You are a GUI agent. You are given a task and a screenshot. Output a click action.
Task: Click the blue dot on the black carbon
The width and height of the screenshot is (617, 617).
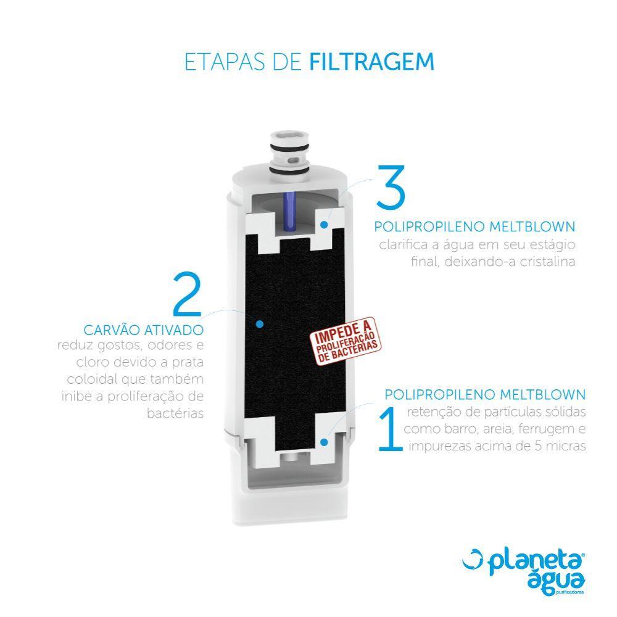point(260,323)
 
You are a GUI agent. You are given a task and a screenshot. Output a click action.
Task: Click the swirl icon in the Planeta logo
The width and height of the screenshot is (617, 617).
point(474,559)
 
